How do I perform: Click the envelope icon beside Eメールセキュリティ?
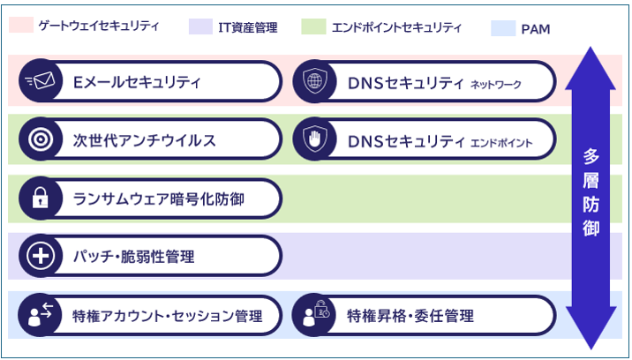[41, 82]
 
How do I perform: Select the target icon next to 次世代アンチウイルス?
[41, 140]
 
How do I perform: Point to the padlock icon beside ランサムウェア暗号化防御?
[41, 199]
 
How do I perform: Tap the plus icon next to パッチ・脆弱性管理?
[41, 257]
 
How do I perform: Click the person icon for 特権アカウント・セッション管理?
[41, 315]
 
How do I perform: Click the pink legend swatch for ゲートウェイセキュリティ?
[20, 26]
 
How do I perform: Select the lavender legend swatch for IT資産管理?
[200, 26]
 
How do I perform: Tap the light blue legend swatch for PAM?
[502, 28]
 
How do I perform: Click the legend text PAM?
[536, 29]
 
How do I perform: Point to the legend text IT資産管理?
[247, 27]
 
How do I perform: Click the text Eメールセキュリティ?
[137, 83]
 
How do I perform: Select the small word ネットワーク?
[496, 85]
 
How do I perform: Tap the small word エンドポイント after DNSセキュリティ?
[500, 142]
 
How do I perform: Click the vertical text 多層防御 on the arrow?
[591, 192]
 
